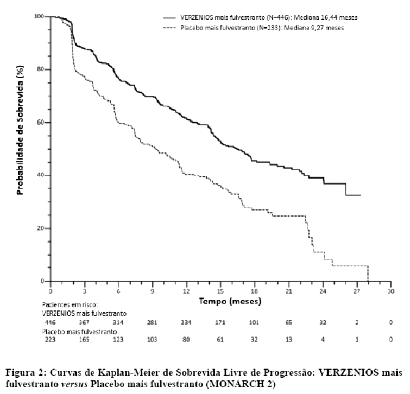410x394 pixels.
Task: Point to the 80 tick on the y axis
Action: click(x=41, y=69)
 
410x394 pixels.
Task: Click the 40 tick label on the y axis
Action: click(x=41, y=175)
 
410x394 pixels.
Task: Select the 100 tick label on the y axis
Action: click(x=39, y=17)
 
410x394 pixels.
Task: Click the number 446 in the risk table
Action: click(x=51, y=322)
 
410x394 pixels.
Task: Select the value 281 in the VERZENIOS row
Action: click(x=153, y=322)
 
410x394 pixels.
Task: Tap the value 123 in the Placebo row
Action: click(x=118, y=340)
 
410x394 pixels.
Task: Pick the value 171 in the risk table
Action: click(x=220, y=322)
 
